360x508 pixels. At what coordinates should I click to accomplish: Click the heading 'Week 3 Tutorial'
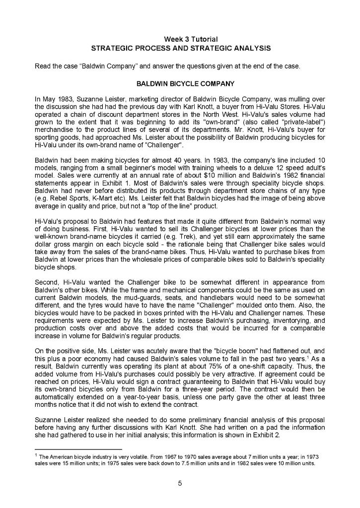pos(191,39)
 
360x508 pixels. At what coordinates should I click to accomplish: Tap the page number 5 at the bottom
pos(180,484)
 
